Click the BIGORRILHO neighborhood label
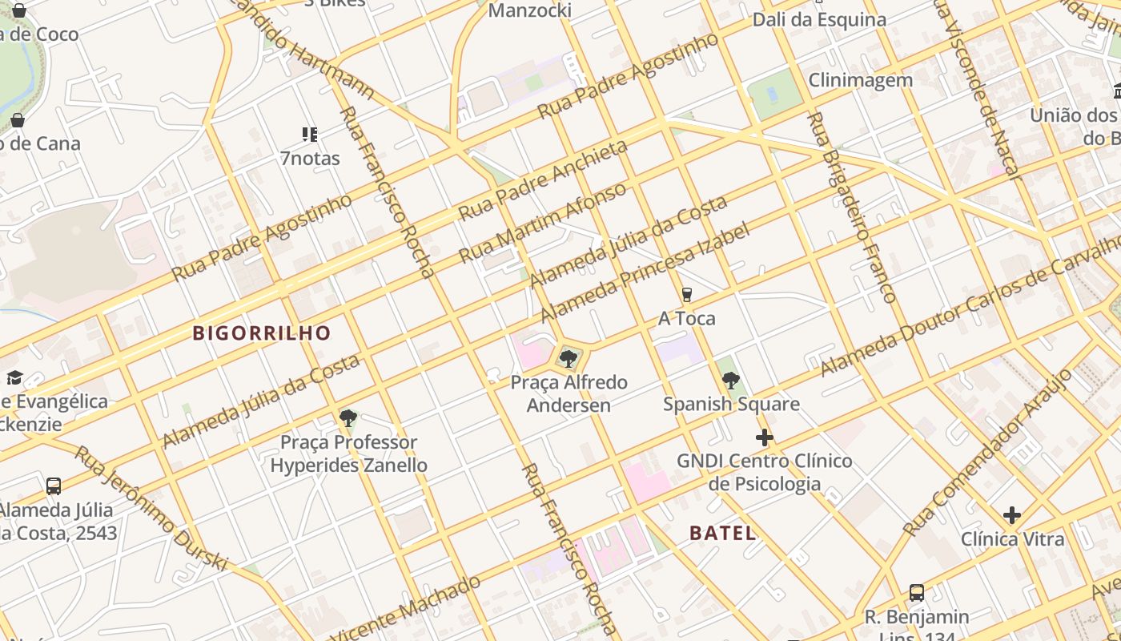(262, 333)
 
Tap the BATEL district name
(722, 533)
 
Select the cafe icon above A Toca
(686, 295)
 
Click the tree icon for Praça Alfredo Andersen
(569, 358)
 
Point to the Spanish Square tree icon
(730, 381)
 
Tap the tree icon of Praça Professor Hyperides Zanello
(348, 417)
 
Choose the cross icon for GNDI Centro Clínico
(765, 437)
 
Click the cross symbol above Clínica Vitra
(1012, 515)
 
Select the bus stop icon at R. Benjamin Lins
(917, 593)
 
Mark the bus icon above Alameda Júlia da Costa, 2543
(54, 486)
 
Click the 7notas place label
(310, 158)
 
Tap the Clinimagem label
(860, 80)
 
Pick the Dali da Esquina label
(819, 20)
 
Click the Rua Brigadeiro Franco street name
(851, 207)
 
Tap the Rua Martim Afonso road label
(542, 224)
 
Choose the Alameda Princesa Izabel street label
(645, 272)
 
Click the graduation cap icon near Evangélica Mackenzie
(14, 377)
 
